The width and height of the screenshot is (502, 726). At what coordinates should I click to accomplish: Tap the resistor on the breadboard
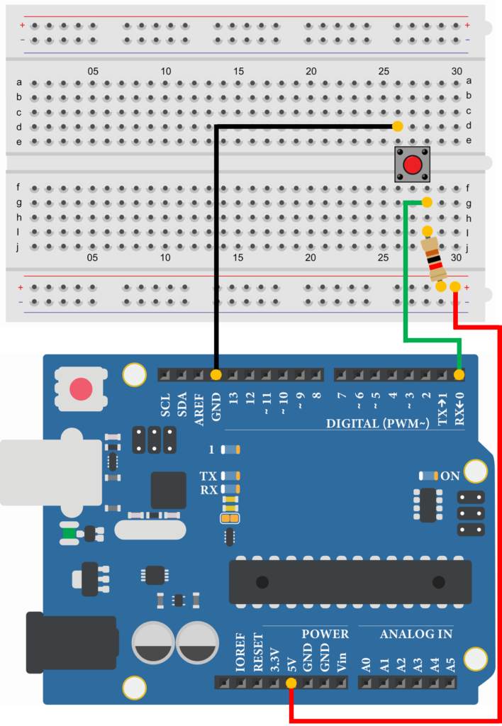[x=433, y=259]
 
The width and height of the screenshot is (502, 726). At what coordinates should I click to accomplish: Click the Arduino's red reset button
[x=81, y=389]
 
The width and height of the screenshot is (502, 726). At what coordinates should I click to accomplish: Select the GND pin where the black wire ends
[x=216, y=374]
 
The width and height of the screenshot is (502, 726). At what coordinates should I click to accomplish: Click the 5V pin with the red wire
[x=291, y=683]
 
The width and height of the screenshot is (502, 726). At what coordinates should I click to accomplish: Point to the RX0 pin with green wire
[x=459, y=374]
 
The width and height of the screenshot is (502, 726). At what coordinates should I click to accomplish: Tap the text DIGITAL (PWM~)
[x=376, y=424]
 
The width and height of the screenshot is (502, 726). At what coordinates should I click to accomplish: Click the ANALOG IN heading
[x=416, y=634]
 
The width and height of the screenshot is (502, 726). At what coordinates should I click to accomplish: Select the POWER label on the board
[x=325, y=634]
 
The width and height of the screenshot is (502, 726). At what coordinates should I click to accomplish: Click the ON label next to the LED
[x=450, y=476]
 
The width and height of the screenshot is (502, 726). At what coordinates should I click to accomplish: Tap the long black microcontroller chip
[x=350, y=582]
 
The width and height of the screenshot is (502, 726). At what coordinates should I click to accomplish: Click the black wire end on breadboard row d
[x=397, y=127]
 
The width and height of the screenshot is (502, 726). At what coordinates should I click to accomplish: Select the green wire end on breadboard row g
[x=426, y=203]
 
